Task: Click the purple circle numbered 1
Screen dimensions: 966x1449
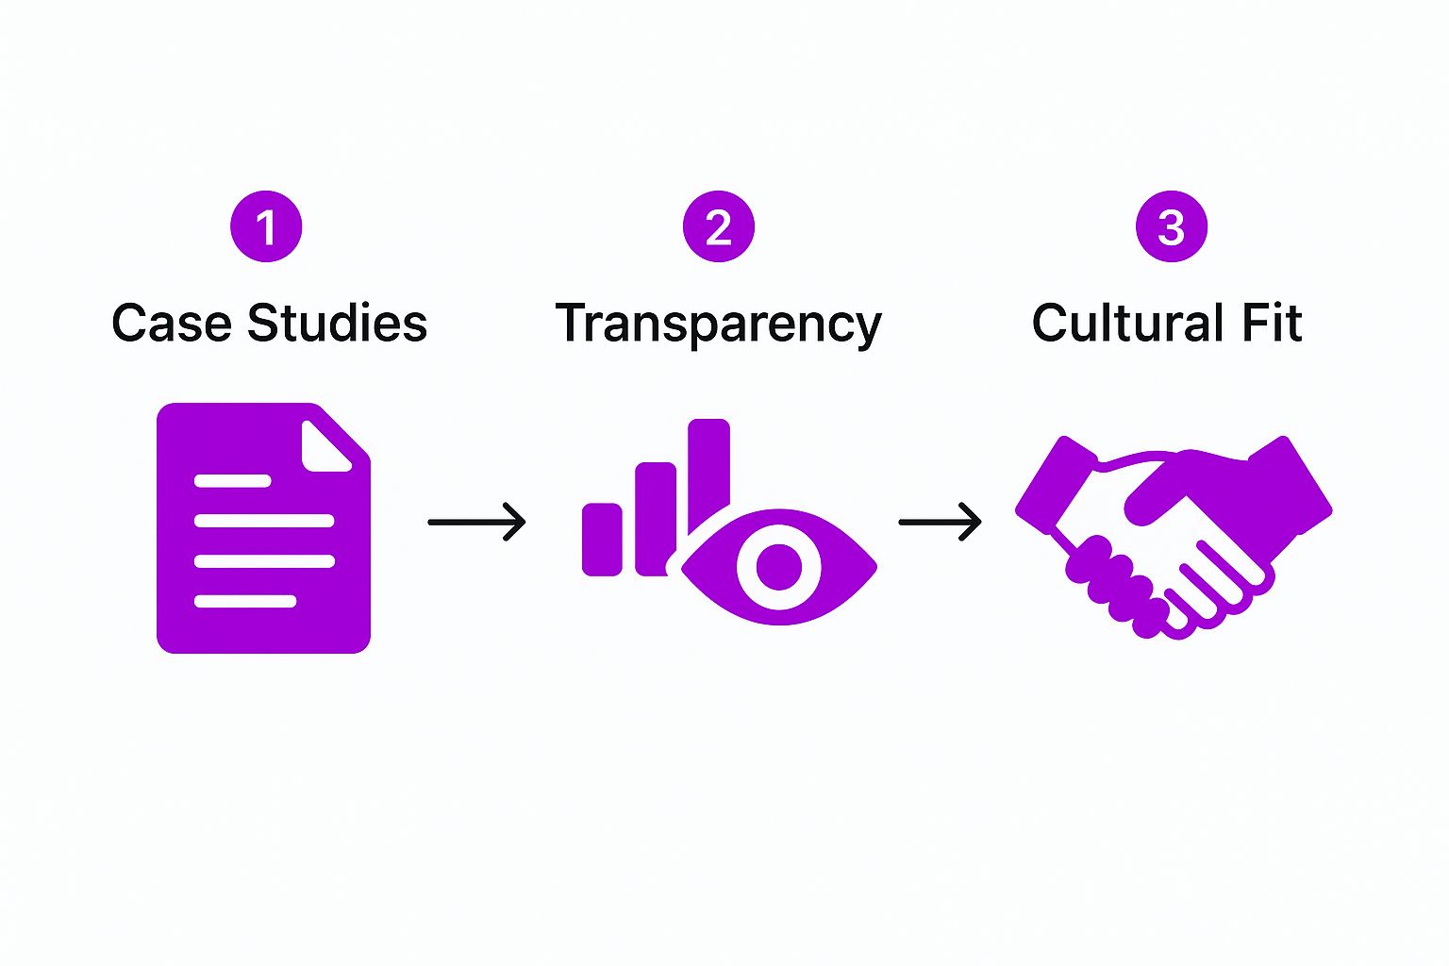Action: click(x=266, y=227)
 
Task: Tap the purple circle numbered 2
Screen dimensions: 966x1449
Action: click(x=719, y=227)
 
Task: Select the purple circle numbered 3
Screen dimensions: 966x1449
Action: click(x=1171, y=227)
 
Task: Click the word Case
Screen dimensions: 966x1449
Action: click(x=171, y=324)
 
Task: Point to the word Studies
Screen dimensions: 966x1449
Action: click(x=337, y=324)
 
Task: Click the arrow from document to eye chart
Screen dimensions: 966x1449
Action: click(x=476, y=522)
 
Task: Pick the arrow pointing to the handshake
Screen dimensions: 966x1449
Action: click(x=940, y=522)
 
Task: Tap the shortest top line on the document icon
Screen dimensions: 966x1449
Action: click(x=232, y=481)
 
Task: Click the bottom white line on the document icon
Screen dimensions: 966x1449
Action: click(x=245, y=601)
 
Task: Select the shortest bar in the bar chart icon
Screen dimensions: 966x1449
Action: click(x=602, y=539)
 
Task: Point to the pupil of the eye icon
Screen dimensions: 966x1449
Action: click(x=779, y=567)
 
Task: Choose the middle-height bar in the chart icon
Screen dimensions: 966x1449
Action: click(x=655, y=514)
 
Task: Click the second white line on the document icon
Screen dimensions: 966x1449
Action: click(x=264, y=521)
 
